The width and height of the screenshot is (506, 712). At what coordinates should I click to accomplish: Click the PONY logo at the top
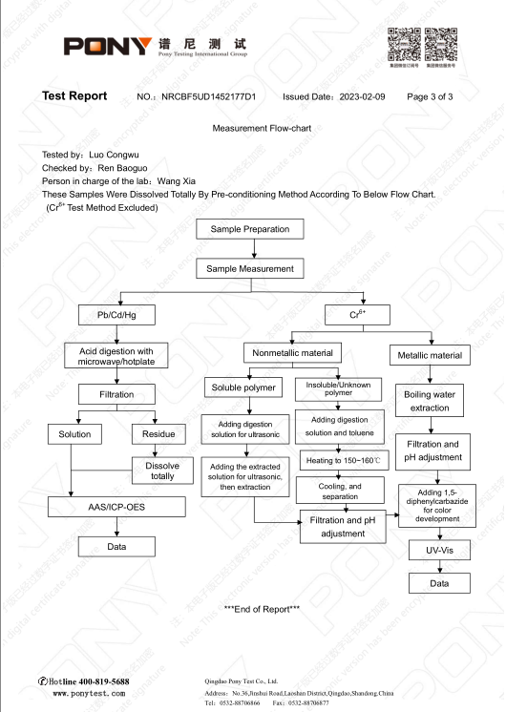tap(107, 46)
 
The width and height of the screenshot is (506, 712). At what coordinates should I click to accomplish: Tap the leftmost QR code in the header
tap(404, 44)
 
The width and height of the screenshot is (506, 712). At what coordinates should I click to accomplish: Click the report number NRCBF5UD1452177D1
tap(209, 97)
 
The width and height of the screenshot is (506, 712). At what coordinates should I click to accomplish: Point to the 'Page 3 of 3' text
tap(430, 97)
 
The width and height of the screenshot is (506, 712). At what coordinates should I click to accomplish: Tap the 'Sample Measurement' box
tap(252, 269)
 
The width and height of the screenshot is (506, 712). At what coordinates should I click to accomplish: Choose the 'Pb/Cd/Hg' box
tap(116, 313)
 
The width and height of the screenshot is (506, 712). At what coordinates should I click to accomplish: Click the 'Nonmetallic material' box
tap(292, 353)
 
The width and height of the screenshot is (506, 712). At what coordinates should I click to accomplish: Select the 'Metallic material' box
tap(430, 355)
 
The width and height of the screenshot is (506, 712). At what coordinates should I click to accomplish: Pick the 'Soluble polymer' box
tap(242, 387)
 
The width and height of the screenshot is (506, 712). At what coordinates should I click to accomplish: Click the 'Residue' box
tap(158, 434)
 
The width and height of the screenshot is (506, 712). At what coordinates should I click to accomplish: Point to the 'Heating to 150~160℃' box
tap(343, 461)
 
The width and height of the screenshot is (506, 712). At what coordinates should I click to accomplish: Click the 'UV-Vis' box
tap(430, 551)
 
